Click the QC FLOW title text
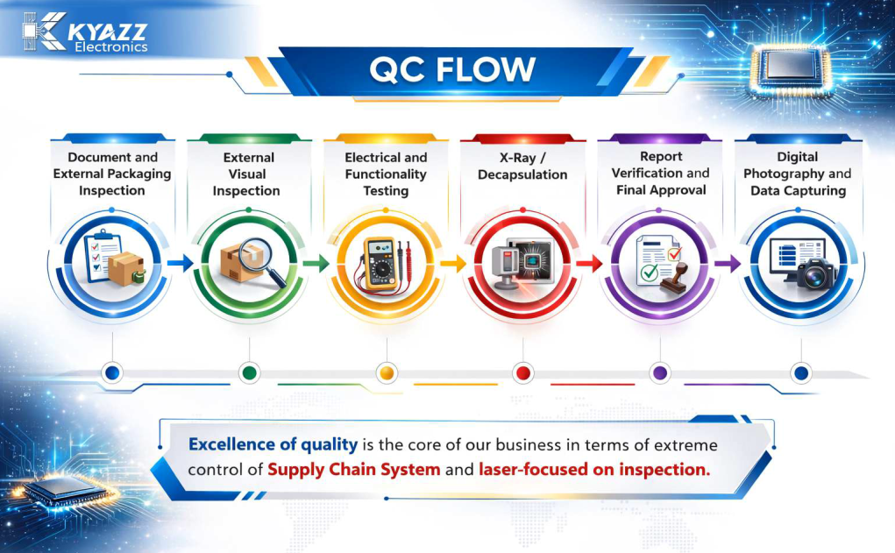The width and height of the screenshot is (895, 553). coord(452,69)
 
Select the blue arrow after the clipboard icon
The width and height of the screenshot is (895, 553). coord(181,263)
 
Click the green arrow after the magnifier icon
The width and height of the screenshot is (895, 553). coord(316,263)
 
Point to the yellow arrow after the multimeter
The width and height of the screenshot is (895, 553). coord(453,263)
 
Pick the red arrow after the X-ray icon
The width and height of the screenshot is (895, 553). coord(590,263)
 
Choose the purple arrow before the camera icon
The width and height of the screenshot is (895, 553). coord(728,263)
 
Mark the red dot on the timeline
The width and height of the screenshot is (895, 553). coord(522,373)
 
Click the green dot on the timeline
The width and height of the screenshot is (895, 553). coord(250,373)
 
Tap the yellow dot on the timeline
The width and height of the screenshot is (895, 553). coord(387,373)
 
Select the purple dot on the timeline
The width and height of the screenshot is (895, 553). coord(660,373)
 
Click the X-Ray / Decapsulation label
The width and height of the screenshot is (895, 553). coord(522,166)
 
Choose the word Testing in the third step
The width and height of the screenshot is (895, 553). coord(386,190)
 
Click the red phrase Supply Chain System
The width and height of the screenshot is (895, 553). coord(354,469)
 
